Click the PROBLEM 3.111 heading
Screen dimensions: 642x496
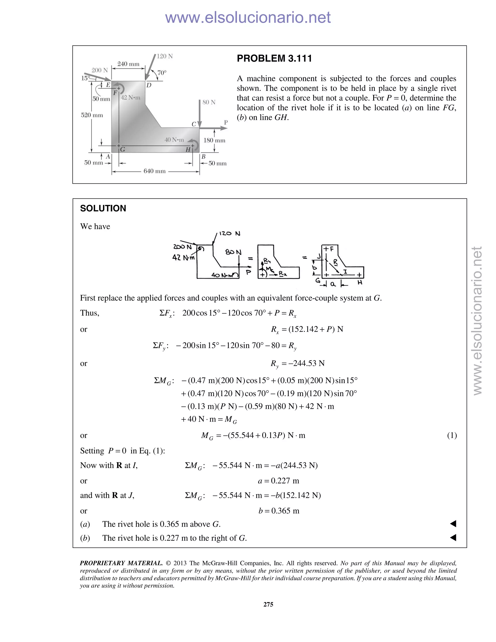click(274, 58)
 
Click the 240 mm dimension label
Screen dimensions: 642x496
click(128, 64)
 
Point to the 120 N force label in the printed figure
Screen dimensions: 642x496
click(164, 56)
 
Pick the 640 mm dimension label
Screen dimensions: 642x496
click(155, 171)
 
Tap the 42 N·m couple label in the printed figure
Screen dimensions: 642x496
click(131, 98)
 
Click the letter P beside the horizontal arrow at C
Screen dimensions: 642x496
click(226, 122)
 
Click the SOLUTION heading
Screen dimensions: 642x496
click(103, 208)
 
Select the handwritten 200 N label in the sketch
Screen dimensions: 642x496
click(182, 247)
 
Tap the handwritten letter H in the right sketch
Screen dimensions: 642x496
click(360, 282)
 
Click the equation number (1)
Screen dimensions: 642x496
click(452, 435)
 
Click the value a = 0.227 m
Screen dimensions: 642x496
click(279, 481)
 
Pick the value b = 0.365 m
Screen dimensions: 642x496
click(279, 511)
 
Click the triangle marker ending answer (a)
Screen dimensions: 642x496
click(453, 524)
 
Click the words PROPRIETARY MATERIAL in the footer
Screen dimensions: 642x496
click(121, 563)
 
